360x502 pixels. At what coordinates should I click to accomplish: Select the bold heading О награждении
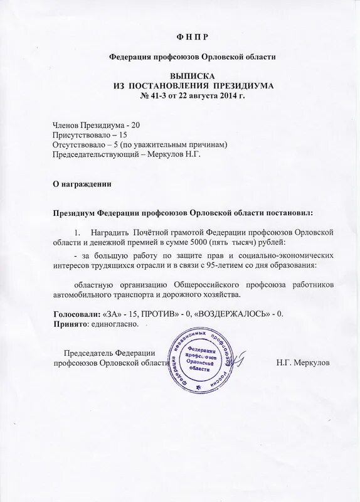pyautogui.click(x=82, y=184)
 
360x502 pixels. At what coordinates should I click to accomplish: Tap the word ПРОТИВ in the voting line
pyautogui.click(x=166, y=313)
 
